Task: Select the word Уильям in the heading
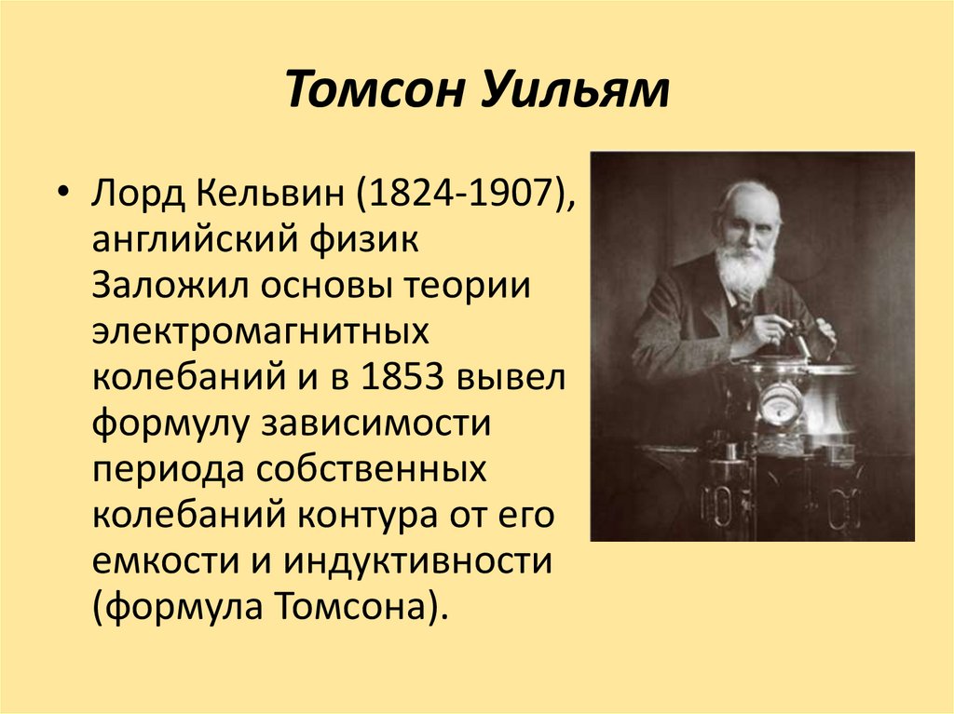click(x=578, y=93)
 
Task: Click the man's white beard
click(x=745, y=265)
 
